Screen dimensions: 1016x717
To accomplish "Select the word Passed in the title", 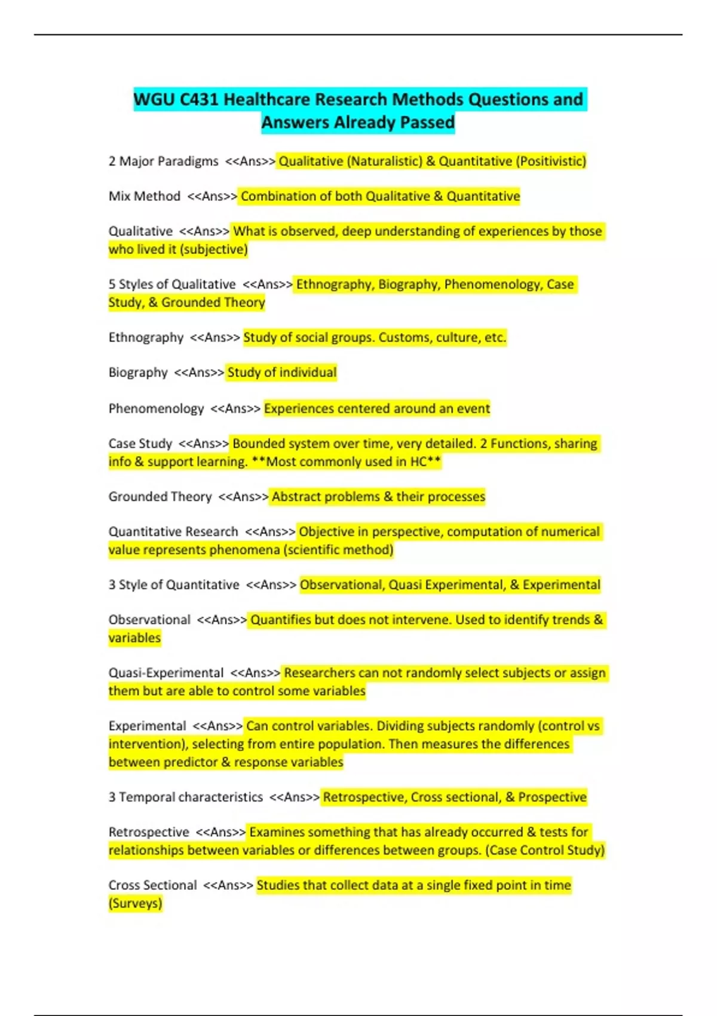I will (427, 123).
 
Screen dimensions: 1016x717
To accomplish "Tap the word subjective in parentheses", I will (213, 250).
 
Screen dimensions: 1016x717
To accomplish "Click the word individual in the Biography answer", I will (307, 373).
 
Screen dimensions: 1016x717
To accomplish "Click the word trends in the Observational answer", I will (568, 620).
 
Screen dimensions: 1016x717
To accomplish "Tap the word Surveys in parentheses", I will (135, 903).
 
